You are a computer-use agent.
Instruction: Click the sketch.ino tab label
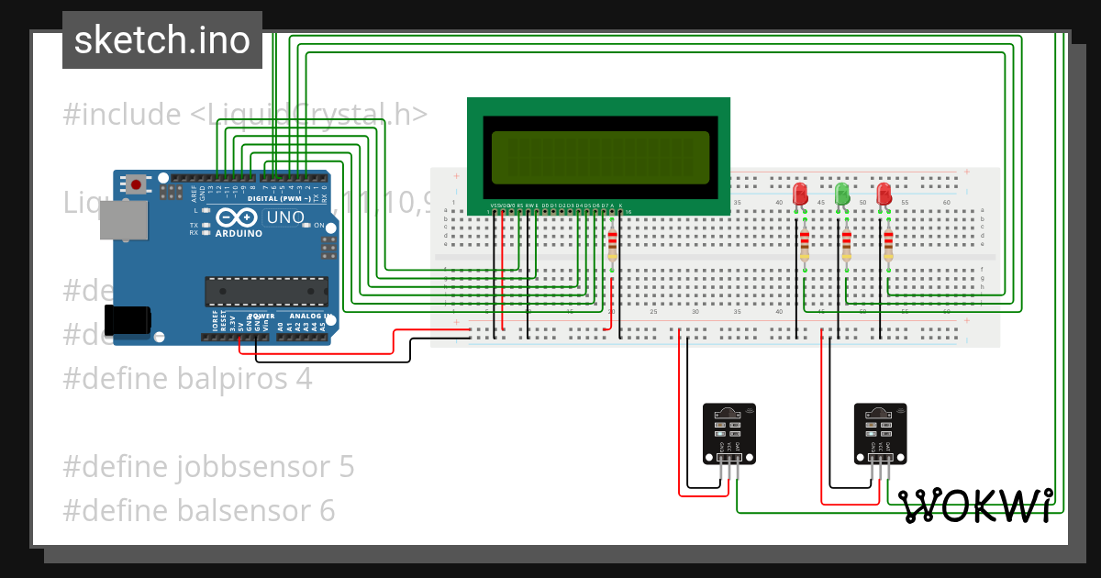tap(161, 40)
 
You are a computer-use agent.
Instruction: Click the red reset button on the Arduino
tap(137, 184)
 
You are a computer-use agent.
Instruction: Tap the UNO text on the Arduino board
tap(284, 218)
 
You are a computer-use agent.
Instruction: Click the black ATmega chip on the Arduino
tap(266, 291)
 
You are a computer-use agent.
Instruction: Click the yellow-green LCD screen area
tap(600, 157)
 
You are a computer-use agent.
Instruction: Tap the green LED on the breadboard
tap(842, 194)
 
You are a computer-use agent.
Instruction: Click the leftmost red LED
tap(800, 194)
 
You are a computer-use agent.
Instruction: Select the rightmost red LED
tap(884, 194)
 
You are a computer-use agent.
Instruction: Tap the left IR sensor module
tap(729, 433)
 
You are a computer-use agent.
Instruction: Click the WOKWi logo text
tap(975, 506)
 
